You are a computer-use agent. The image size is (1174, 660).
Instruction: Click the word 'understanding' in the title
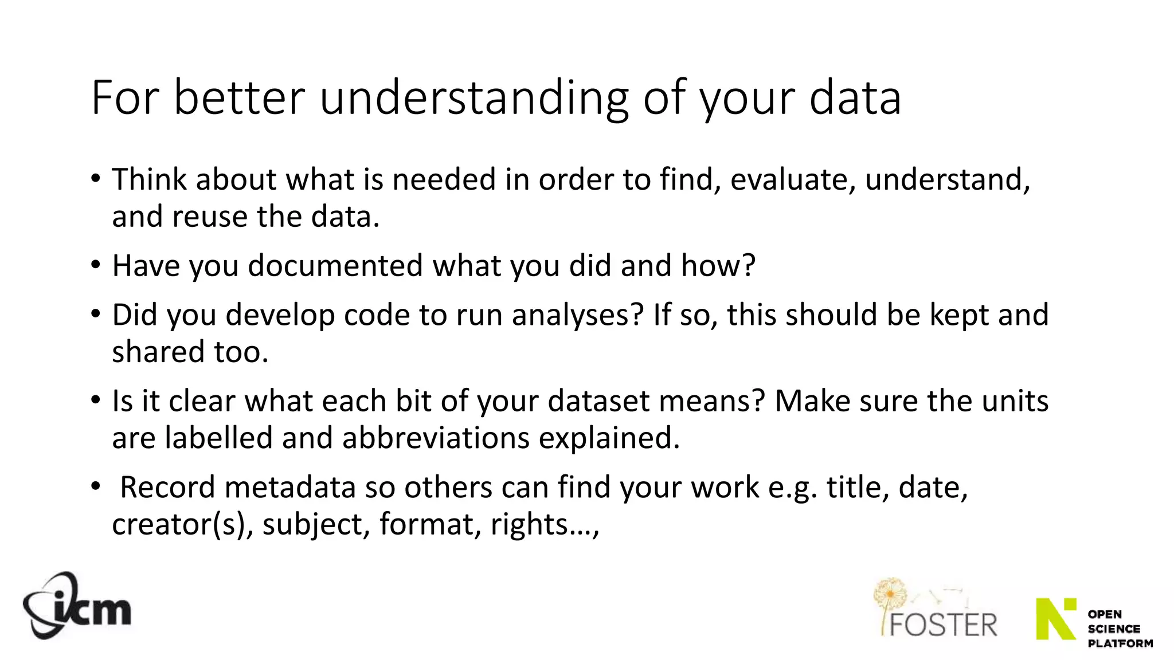click(473, 98)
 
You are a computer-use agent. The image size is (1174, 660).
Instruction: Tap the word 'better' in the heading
click(238, 98)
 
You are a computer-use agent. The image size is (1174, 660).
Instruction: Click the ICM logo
click(77, 606)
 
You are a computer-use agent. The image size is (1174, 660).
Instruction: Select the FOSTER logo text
click(943, 624)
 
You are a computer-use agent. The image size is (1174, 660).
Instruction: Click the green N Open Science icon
click(1056, 619)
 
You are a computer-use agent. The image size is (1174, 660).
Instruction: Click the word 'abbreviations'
click(436, 438)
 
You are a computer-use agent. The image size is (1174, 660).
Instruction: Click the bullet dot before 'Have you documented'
click(96, 265)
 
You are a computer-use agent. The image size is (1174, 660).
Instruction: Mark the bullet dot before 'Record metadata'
click(96, 487)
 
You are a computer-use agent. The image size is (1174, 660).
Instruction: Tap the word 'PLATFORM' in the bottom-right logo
click(1120, 643)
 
